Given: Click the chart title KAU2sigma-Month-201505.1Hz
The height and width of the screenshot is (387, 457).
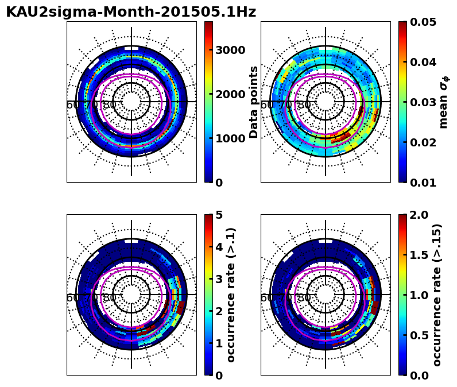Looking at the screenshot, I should (131, 12).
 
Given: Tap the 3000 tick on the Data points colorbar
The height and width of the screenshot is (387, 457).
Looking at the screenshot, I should (230, 50).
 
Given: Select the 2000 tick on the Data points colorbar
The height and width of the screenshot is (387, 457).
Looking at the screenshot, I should (230, 94).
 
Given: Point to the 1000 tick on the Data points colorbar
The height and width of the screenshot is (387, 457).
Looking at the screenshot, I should (230, 138).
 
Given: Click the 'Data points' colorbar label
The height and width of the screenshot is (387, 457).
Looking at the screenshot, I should (254, 102).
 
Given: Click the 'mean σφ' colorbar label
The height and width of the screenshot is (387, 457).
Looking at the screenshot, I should (443, 102).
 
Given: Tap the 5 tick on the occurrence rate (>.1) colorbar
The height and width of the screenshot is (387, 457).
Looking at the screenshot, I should (219, 215).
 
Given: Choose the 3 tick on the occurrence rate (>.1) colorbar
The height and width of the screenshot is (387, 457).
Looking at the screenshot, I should (219, 279).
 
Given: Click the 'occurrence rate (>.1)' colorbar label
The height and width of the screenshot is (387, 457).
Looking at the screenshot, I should (231, 295).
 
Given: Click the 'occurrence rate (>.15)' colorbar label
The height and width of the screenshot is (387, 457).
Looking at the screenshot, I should (437, 295).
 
